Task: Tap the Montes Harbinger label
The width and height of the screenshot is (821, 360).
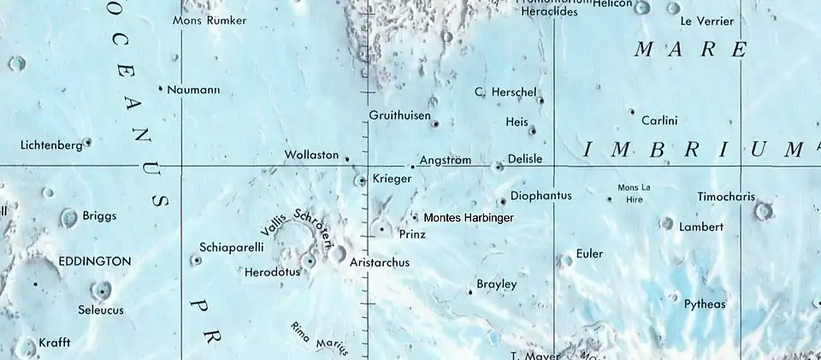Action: pyautogui.click(x=469, y=219)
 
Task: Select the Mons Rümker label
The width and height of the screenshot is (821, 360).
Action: pyautogui.click(x=210, y=21)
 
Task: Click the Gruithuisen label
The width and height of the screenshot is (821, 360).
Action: pyautogui.click(x=399, y=115)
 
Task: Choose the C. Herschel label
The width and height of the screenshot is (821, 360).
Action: pyautogui.click(x=505, y=91)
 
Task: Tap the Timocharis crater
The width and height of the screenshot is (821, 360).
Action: pyautogui.click(x=763, y=210)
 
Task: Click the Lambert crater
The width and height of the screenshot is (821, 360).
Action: pyautogui.click(x=666, y=223)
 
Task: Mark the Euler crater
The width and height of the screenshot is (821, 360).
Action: pyautogui.click(x=564, y=260)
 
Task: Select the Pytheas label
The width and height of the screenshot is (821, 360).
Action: pyautogui.click(x=705, y=304)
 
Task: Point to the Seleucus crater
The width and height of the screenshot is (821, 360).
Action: pyautogui.click(x=101, y=291)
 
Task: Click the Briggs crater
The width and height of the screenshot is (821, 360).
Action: pyautogui.click(x=68, y=218)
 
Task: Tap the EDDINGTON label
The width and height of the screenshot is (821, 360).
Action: pyautogui.click(x=95, y=261)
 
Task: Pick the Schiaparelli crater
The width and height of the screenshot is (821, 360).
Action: pyautogui.click(x=197, y=260)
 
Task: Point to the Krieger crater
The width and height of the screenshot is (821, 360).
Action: pyautogui.click(x=362, y=180)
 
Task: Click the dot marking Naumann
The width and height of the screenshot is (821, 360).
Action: pyautogui.click(x=160, y=88)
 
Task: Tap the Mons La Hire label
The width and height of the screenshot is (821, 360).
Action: pyautogui.click(x=634, y=192)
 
